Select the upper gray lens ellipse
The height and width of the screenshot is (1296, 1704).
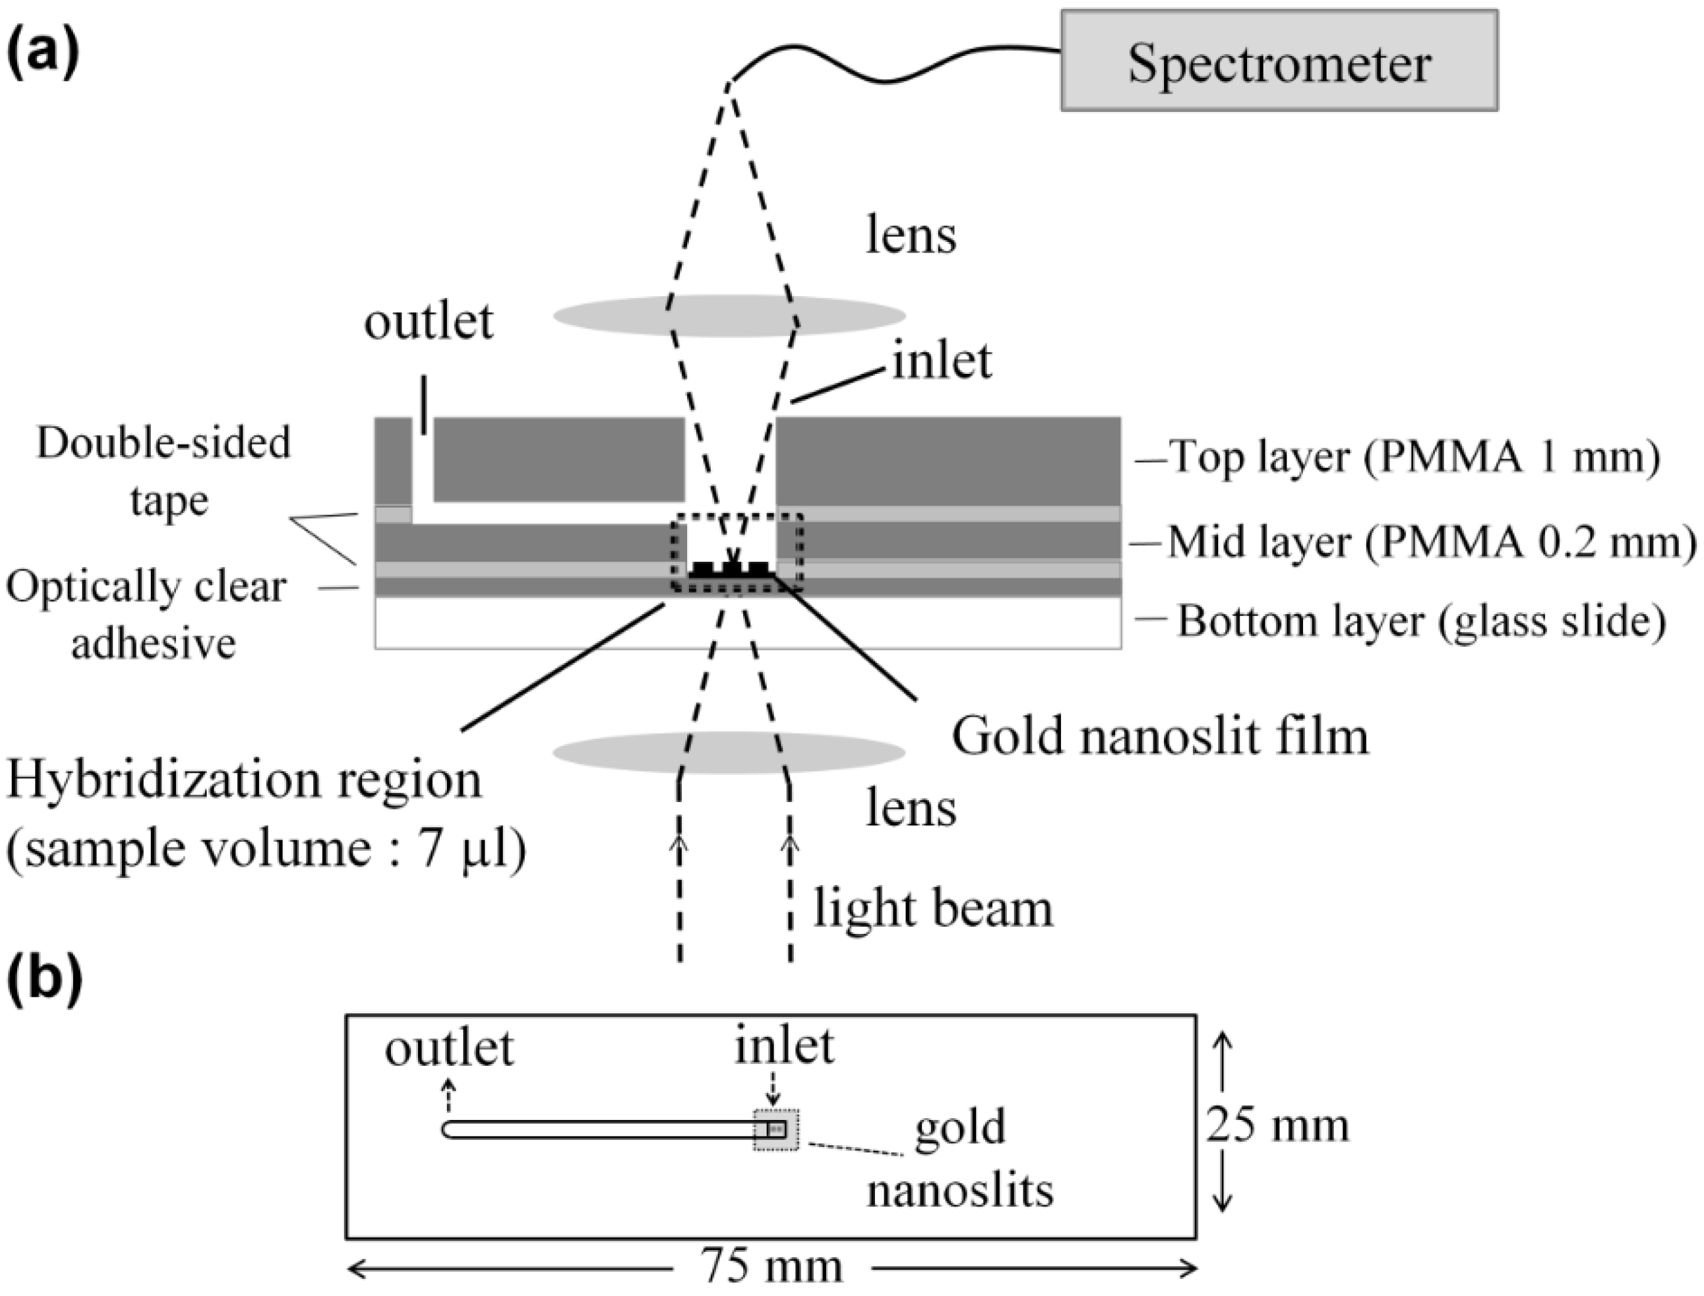[x=729, y=315]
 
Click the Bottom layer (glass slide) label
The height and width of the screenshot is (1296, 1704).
[x=1420, y=622]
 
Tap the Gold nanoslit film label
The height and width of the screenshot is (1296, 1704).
[x=1159, y=737]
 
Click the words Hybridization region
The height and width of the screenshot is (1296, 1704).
[x=244, y=780]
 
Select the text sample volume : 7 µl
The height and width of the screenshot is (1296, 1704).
[x=266, y=849]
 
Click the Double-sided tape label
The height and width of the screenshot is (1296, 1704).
[x=164, y=471]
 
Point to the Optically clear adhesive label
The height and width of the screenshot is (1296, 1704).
[x=147, y=615]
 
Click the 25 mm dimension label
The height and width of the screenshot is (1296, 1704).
[x=1278, y=1125]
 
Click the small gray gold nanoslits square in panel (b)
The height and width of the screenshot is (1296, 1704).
[x=776, y=1130]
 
